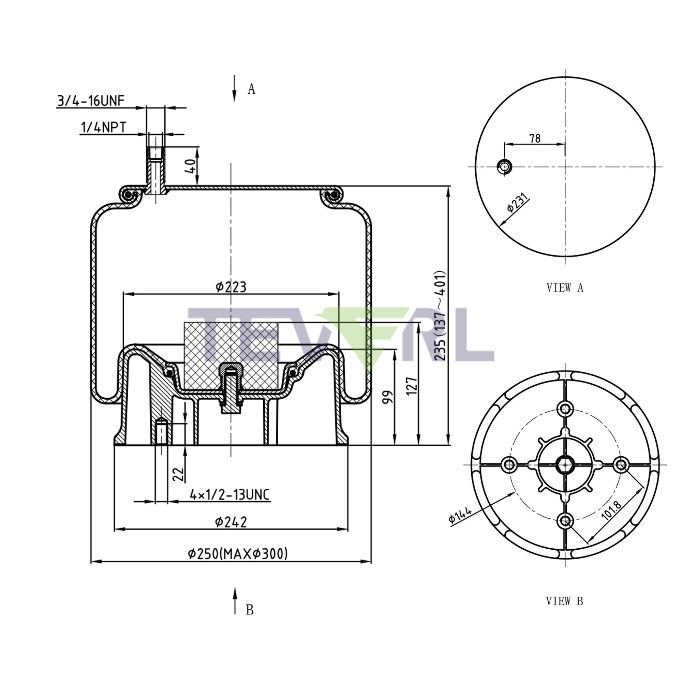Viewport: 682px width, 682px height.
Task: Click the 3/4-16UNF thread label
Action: point(90,101)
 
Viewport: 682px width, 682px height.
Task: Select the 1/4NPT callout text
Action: point(103,128)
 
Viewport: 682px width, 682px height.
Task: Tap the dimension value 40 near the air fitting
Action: point(191,166)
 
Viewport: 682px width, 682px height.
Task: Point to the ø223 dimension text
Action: point(231,287)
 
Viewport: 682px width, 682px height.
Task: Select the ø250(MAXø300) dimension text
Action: point(238,553)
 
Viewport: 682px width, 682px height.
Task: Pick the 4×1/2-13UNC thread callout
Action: point(230,494)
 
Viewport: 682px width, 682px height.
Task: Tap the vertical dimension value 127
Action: point(412,386)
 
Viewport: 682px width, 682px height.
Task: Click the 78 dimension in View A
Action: point(535,138)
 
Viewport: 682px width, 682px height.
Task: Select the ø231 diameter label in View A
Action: point(518,203)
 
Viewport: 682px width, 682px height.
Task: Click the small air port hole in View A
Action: point(504,166)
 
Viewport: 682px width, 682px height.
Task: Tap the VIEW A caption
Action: point(565,288)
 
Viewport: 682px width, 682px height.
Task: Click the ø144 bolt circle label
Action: point(460,515)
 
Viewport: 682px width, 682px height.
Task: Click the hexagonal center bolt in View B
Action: point(565,464)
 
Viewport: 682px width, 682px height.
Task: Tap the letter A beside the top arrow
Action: point(251,89)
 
